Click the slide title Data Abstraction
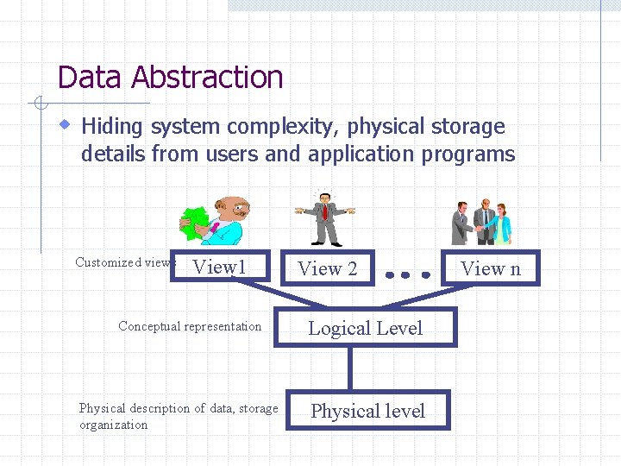tap(170, 78)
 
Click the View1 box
tap(221, 268)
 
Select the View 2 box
tap(327, 268)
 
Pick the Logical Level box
tap(365, 328)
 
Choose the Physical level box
tap(367, 411)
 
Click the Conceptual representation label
tap(190, 326)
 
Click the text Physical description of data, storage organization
tap(178, 416)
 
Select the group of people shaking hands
tap(482, 223)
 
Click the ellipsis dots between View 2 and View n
tap(407, 275)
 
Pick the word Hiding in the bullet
tap(113, 127)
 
